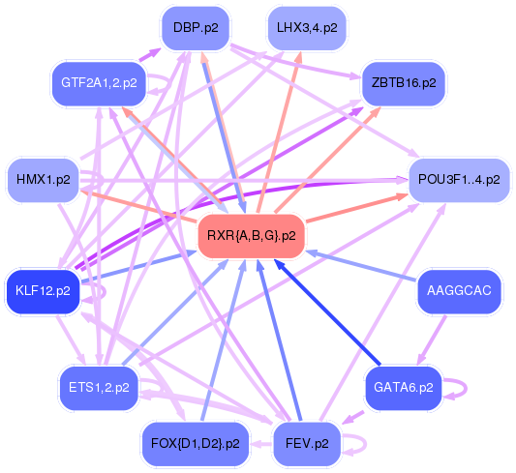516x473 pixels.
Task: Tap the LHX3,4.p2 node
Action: pyautogui.click(x=306, y=29)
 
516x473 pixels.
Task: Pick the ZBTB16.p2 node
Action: pyautogui.click(x=403, y=83)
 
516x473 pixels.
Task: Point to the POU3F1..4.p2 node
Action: pyautogui.click(x=459, y=180)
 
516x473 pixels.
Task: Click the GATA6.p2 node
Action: pyautogui.click(x=403, y=387)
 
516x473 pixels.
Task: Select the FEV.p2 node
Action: pyautogui.click(x=308, y=444)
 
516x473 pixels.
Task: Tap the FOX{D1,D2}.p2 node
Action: pyautogui.click(x=196, y=444)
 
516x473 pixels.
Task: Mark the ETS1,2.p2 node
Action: pyautogui.click(x=99, y=387)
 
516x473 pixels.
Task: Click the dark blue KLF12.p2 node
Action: pyautogui.click(x=43, y=290)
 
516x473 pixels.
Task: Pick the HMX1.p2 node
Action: pyautogui.click(x=44, y=180)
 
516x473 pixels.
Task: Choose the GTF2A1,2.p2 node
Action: pyautogui.click(x=99, y=83)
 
